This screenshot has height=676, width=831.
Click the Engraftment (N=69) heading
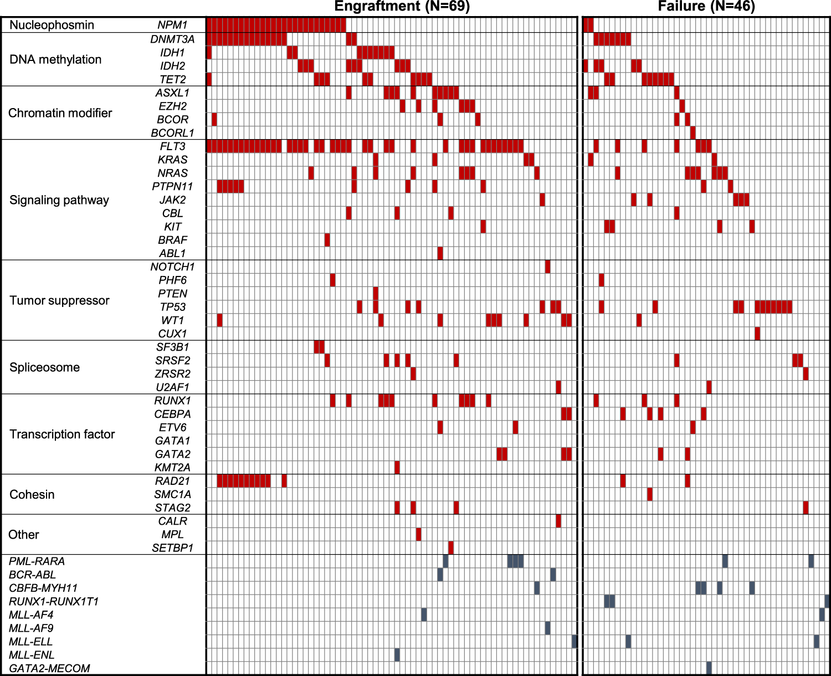[x=402, y=7]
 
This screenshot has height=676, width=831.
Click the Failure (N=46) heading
[x=706, y=7]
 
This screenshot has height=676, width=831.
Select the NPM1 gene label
[x=172, y=25]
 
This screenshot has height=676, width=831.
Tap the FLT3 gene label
[x=172, y=146]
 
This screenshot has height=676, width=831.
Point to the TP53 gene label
[x=172, y=307]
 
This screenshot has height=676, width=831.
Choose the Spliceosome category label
[x=44, y=367]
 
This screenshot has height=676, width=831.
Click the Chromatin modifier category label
[x=60, y=113]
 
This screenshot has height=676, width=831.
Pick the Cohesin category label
[x=32, y=494]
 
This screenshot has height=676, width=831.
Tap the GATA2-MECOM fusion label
[x=49, y=668]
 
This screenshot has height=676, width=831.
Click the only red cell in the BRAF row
[x=327, y=240]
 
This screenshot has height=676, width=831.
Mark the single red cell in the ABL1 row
[x=440, y=253]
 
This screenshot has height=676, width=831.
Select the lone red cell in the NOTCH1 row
[x=547, y=267]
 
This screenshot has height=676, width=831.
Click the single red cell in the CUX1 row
[x=757, y=334]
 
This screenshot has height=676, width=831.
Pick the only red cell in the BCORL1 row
[x=693, y=133]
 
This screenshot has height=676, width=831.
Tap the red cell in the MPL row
[x=418, y=534]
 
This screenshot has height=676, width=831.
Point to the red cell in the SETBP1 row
[x=451, y=547]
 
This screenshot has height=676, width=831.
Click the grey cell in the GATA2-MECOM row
[x=709, y=668]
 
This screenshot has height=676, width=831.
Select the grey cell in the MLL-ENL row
[x=397, y=654]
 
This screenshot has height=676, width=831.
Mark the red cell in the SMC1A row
[x=650, y=494]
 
